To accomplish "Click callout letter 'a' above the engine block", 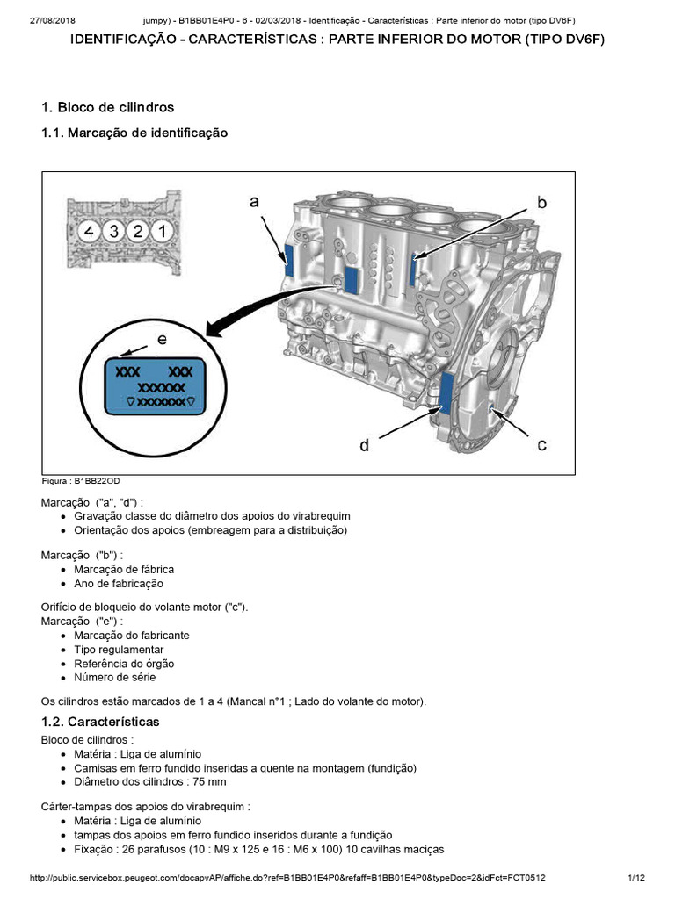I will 254,202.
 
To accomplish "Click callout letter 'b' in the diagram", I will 541,203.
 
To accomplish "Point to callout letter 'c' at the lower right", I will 542,445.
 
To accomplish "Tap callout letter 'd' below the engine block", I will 364,445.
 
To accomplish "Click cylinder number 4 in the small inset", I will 86,232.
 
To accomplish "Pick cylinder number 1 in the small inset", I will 161,232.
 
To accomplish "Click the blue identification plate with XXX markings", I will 155,385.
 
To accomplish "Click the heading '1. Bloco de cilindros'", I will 107,107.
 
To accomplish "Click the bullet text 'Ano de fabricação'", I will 119,583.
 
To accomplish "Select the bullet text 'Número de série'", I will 115,677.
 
